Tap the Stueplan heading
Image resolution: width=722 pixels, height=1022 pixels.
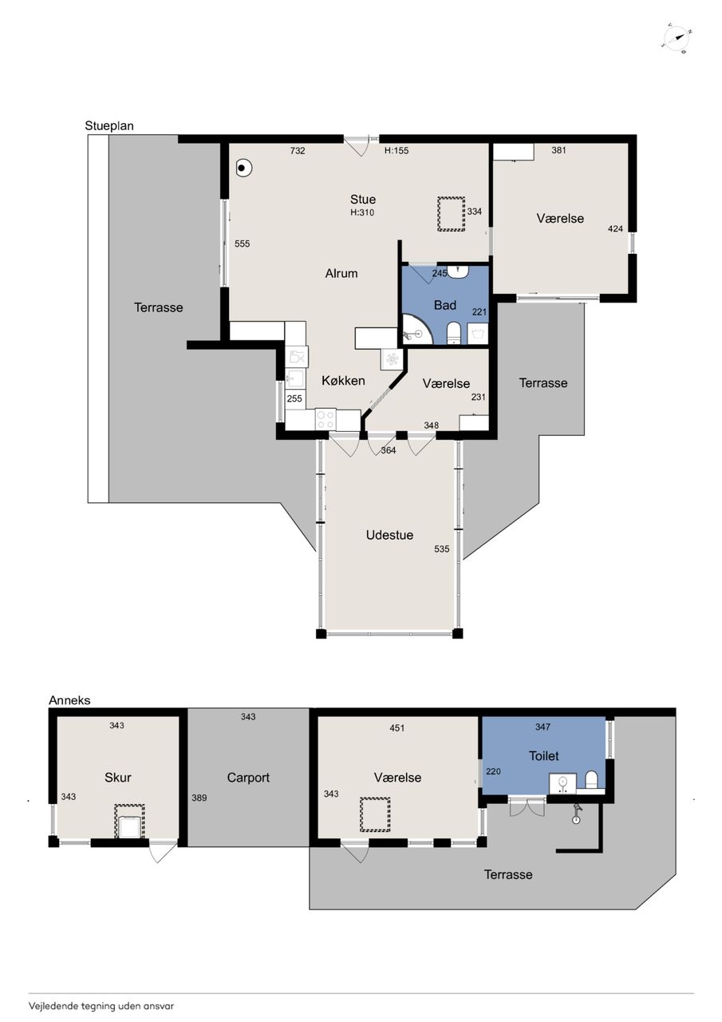109,126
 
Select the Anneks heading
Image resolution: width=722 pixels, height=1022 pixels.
69,700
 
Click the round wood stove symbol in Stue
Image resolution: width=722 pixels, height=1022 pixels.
244,168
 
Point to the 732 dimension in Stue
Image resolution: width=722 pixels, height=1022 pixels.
298,151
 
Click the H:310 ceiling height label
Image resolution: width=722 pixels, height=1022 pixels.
362,212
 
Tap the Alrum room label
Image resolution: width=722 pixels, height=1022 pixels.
341,273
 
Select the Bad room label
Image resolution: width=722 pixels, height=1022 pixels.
445,305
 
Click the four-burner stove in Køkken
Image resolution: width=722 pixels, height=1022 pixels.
326,420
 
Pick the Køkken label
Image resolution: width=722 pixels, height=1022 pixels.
343,381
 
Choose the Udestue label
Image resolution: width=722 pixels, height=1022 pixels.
389,535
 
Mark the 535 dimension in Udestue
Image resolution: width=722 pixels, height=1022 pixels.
442,549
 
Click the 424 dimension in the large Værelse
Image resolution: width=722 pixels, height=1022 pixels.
615,229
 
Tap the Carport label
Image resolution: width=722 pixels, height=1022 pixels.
248,778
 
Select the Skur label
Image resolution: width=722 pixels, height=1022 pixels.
118,778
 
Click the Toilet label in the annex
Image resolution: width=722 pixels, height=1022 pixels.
544,756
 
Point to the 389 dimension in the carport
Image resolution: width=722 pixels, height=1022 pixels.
199,798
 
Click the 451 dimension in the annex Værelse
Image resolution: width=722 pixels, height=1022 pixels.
397,728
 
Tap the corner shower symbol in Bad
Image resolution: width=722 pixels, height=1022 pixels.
416,330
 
